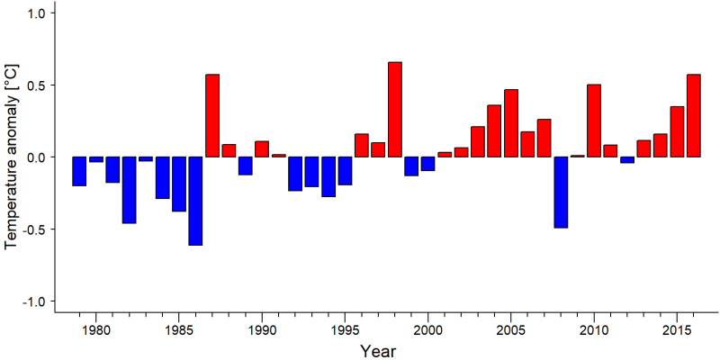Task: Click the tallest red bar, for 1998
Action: [395, 109]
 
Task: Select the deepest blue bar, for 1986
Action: [195, 201]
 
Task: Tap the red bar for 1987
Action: [212, 116]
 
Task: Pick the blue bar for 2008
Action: [561, 193]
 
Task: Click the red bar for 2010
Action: [594, 121]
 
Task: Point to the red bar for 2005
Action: [511, 123]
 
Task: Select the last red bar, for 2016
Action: [693, 116]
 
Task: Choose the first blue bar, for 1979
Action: [79, 171]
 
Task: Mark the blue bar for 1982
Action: [129, 190]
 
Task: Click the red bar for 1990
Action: [262, 148]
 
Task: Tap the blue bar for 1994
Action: [328, 176]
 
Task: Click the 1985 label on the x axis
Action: [178, 330]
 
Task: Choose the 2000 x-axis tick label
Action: [427, 330]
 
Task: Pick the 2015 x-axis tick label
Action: [677, 330]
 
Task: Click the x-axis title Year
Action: [377, 351]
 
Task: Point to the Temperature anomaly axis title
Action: [13, 157]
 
